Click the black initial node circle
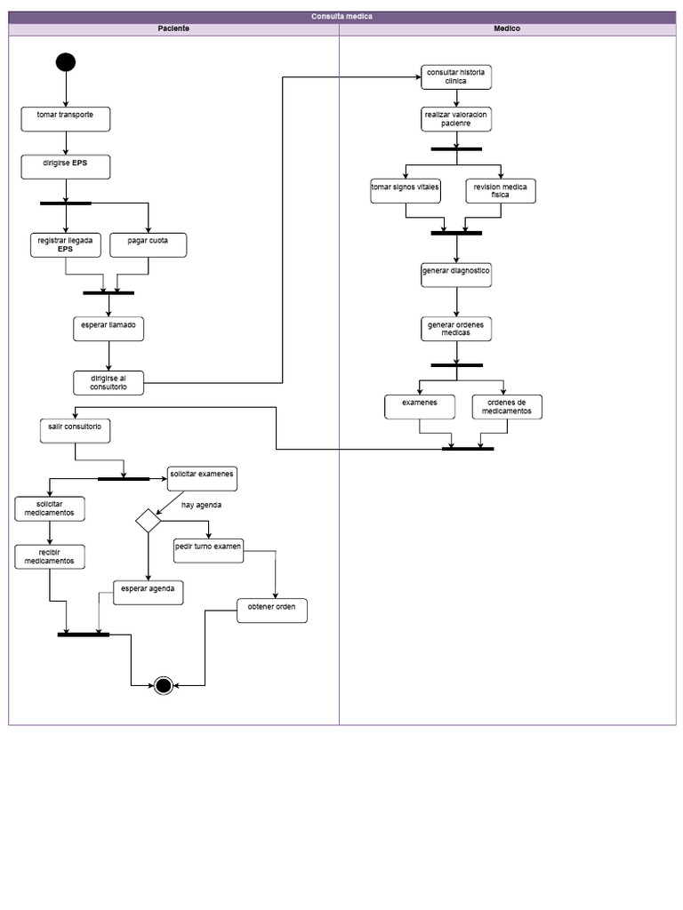coord(66,62)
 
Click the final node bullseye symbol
coord(163,685)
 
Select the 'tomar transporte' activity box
coord(66,118)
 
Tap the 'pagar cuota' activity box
coord(149,244)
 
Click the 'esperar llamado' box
coord(108,329)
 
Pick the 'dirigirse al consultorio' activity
coord(108,382)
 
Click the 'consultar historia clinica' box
coord(456,76)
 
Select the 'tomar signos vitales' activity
coord(406,191)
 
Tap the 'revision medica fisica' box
coord(501,191)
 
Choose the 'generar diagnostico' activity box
coord(456,275)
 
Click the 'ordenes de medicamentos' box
coord(507,407)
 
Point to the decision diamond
coord(148,520)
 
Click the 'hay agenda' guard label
coord(202,505)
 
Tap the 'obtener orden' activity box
coord(272,611)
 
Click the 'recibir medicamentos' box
coord(50,556)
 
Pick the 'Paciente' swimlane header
coord(173,28)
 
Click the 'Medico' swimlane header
coord(507,28)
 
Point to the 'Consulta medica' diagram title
coord(341,17)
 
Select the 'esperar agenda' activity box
coord(148,592)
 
